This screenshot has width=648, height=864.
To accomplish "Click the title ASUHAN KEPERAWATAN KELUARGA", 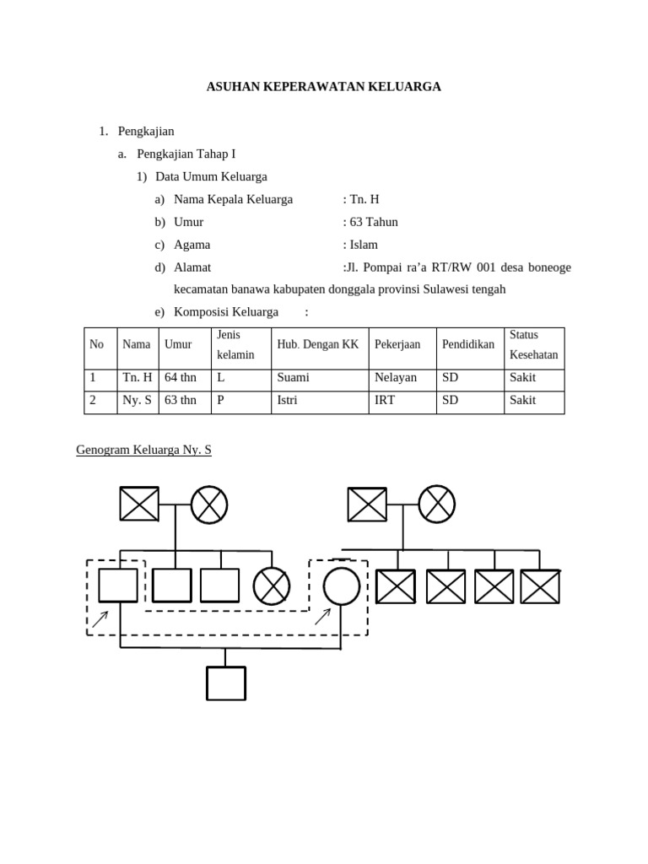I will point(323,87).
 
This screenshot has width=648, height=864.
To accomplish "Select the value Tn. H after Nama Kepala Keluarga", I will point(364,199).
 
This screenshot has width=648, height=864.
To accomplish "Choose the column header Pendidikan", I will point(468,345).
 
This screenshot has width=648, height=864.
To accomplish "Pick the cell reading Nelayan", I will point(396,377).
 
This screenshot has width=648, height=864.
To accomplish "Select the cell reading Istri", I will point(287,400).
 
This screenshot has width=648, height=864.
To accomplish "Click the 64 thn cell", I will point(181,377).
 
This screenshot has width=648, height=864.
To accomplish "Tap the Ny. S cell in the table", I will point(137,400).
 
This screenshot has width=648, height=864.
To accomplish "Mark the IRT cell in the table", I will point(385,400).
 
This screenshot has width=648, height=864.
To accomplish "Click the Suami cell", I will point(293,377).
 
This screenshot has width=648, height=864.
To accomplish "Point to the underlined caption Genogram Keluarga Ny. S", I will point(143,450).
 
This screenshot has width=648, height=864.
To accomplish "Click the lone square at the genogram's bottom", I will point(226,683).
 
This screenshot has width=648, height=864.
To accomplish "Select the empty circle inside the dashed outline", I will point(342,586).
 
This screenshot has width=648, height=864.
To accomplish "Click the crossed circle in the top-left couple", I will point(209,505).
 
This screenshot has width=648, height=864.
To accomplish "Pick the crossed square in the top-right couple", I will point(367,505).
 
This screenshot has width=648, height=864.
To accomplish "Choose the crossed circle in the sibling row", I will point(272,586).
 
